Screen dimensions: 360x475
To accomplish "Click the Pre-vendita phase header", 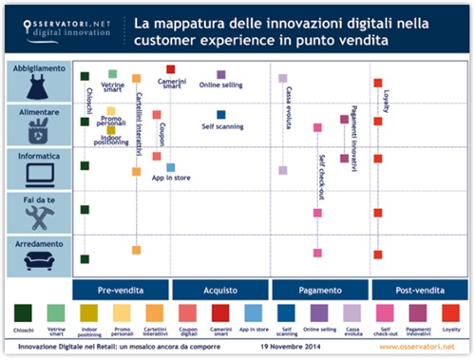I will point(122,289).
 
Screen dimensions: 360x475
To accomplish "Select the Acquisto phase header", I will point(220,289).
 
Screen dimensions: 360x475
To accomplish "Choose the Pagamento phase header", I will point(319,289).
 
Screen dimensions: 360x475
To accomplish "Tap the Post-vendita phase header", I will point(418,289).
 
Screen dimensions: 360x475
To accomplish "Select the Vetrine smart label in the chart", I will point(113,87).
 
